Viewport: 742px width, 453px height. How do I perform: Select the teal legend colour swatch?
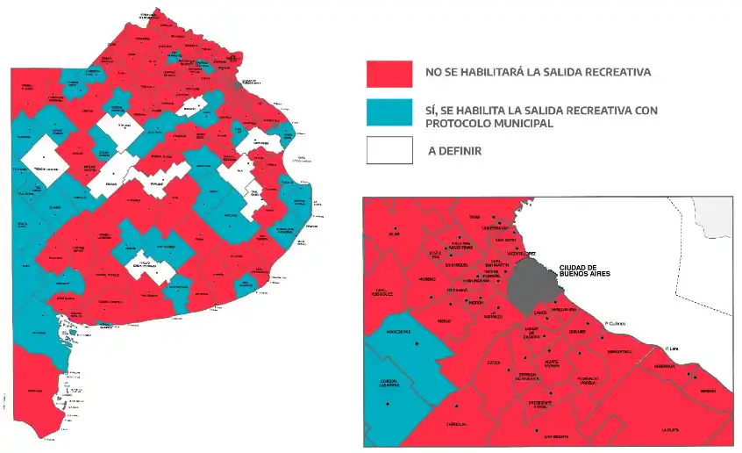tap(389, 111)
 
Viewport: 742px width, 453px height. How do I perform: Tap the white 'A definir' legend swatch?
tap(389, 150)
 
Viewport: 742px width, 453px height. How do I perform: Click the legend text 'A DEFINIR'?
tap(454, 151)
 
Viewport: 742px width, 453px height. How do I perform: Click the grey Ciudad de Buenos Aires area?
tap(535, 279)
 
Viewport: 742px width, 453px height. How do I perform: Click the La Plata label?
tap(676, 429)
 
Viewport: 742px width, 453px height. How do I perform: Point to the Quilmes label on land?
tap(576, 332)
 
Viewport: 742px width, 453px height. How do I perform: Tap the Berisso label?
tap(708, 391)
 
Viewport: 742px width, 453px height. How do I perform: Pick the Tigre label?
tap(475, 216)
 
